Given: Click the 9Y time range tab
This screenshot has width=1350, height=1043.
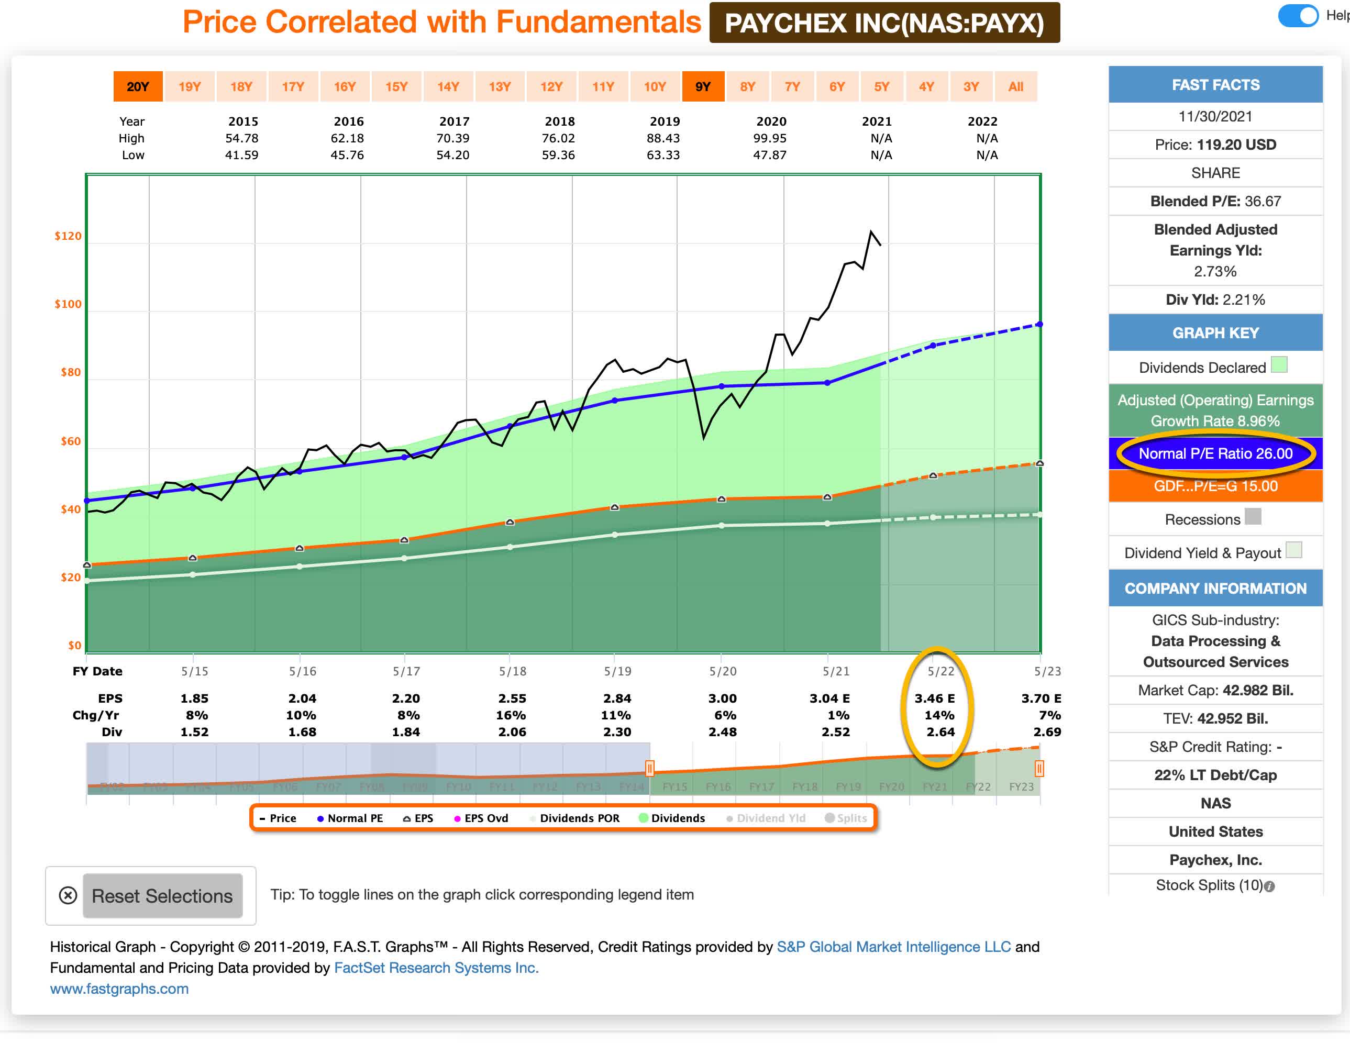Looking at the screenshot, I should [703, 86].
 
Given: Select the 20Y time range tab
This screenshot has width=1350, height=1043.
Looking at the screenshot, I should [138, 86].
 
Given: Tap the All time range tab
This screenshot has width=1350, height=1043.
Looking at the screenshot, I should [1015, 86].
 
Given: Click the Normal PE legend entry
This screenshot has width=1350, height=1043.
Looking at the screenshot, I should [350, 818].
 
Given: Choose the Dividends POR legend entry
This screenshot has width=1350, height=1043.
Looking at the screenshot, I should [575, 818].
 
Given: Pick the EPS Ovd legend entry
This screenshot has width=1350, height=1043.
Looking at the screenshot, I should [482, 818].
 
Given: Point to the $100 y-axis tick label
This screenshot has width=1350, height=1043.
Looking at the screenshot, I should [68, 304].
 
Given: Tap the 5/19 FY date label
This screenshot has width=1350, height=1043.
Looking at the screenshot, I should [617, 671].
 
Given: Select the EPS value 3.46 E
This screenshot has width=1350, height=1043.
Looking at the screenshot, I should [935, 698].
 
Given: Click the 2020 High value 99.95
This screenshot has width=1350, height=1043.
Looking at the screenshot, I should [770, 138].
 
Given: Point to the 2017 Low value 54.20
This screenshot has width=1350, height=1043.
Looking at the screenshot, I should [452, 155].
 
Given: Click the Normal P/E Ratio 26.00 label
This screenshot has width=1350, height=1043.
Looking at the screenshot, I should [1215, 453].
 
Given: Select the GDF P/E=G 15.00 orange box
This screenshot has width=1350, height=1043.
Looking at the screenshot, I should [1215, 486].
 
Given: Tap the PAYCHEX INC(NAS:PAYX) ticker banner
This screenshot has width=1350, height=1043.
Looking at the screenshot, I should [884, 24].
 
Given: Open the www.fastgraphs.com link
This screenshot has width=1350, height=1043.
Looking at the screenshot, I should [119, 989].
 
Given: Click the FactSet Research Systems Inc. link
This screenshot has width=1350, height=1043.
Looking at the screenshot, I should [436, 968].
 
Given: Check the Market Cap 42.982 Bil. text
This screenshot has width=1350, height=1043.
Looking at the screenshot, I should [1215, 690].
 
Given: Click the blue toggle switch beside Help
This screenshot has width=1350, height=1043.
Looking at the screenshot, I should [1298, 16].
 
